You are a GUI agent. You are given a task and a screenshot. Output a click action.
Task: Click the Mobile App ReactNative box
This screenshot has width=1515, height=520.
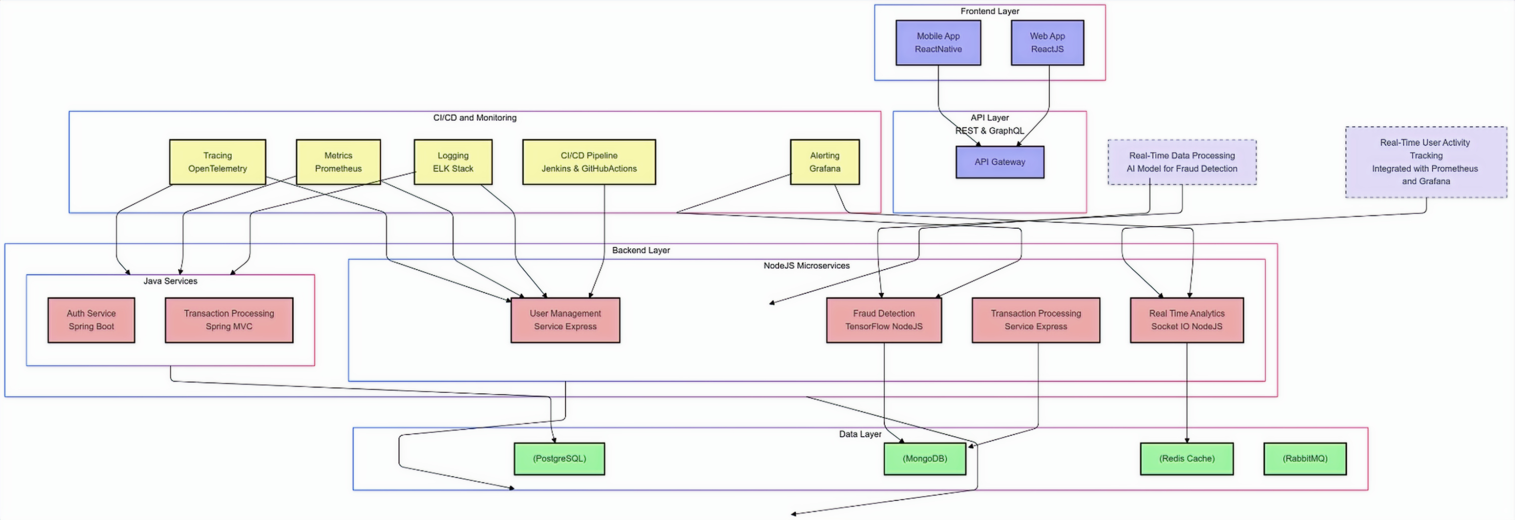[x=938, y=43]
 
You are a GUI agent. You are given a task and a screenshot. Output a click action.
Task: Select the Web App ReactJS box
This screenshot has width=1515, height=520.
[x=1047, y=43]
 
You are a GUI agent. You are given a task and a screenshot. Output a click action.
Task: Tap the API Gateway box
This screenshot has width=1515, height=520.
[x=1000, y=162]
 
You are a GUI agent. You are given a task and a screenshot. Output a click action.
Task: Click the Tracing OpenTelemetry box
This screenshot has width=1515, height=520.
[x=218, y=162]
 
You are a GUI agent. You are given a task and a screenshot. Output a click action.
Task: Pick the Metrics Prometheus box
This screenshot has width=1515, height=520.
[x=338, y=162]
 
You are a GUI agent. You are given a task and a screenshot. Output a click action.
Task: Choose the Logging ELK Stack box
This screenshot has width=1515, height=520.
[x=453, y=162]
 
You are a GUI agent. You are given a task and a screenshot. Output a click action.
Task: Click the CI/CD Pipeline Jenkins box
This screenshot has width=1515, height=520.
[x=589, y=162]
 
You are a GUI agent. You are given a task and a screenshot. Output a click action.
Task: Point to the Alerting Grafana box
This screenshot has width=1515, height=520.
[x=825, y=162]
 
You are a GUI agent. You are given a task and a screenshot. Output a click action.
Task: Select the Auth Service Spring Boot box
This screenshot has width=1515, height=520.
[x=91, y=320]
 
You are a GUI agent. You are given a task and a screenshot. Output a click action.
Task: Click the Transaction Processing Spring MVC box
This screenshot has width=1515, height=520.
[x=229, y=320]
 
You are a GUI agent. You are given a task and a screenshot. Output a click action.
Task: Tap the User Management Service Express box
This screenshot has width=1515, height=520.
[x=565, y=320]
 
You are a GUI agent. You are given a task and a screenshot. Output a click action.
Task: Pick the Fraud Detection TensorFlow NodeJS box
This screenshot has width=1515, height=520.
[x=884, y=320]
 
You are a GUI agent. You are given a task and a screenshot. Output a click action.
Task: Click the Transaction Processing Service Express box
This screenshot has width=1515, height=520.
[x=1036, y=320]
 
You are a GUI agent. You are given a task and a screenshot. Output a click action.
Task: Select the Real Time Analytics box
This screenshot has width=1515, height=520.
[x=1187, y=320]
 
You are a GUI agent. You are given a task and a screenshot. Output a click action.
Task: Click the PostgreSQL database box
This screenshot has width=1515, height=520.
[x=560, y=459]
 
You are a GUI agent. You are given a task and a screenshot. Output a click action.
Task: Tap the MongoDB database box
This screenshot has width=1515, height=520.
[x=925, y=459]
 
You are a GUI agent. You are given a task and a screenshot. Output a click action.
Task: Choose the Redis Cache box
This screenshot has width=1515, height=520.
[x=1187, y=459]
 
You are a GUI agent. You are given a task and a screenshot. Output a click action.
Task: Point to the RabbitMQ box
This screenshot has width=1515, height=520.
[x=1305, y=459]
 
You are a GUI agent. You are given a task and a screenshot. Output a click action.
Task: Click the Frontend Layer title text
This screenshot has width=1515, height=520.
[x=990, y=11]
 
